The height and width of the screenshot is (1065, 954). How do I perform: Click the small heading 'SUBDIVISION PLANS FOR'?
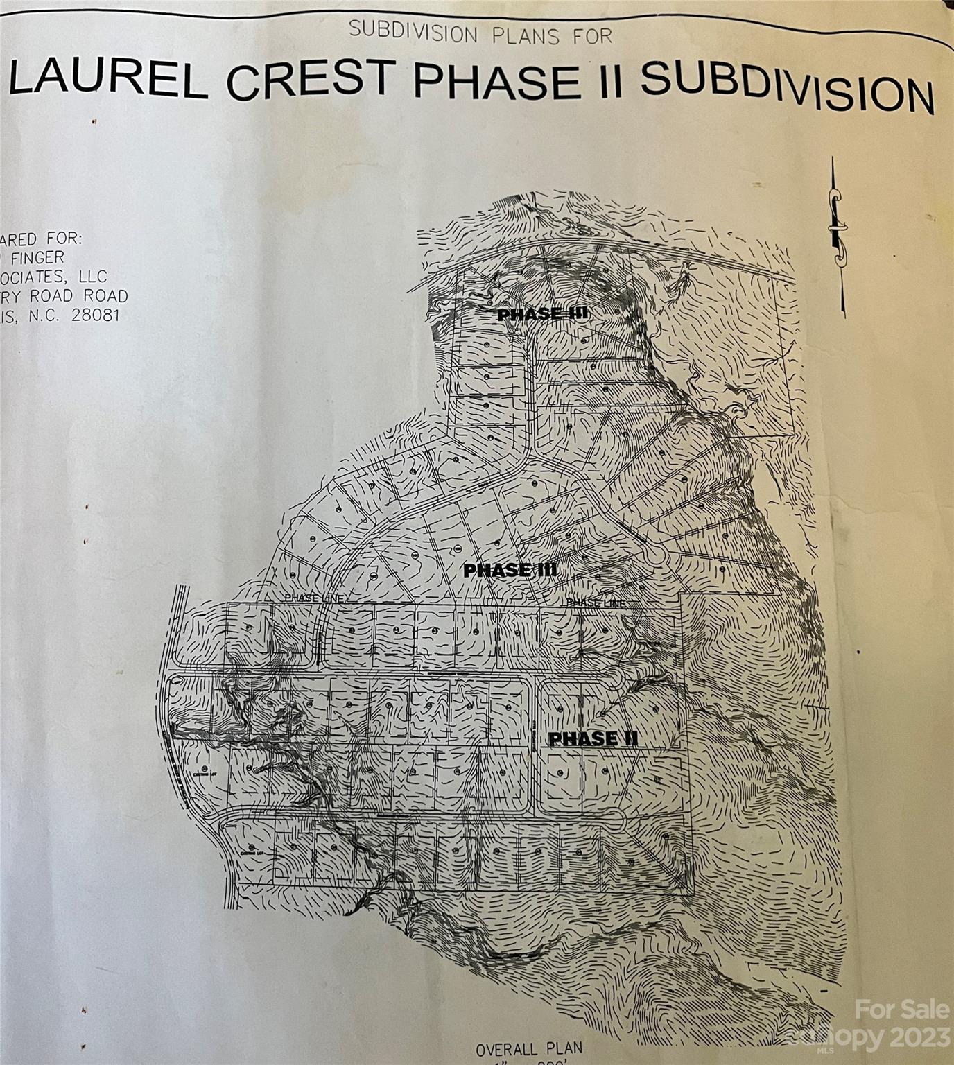point(481,32)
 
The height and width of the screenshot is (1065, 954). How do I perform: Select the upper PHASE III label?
point(543,314)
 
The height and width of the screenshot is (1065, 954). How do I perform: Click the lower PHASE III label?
point(510,570)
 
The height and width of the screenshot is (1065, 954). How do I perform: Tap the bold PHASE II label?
point(593,739)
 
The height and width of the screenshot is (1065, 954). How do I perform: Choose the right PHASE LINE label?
point(596,603)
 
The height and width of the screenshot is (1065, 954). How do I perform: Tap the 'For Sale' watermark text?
point(902,1010)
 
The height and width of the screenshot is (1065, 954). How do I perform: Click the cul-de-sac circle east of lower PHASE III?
point(652,557)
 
